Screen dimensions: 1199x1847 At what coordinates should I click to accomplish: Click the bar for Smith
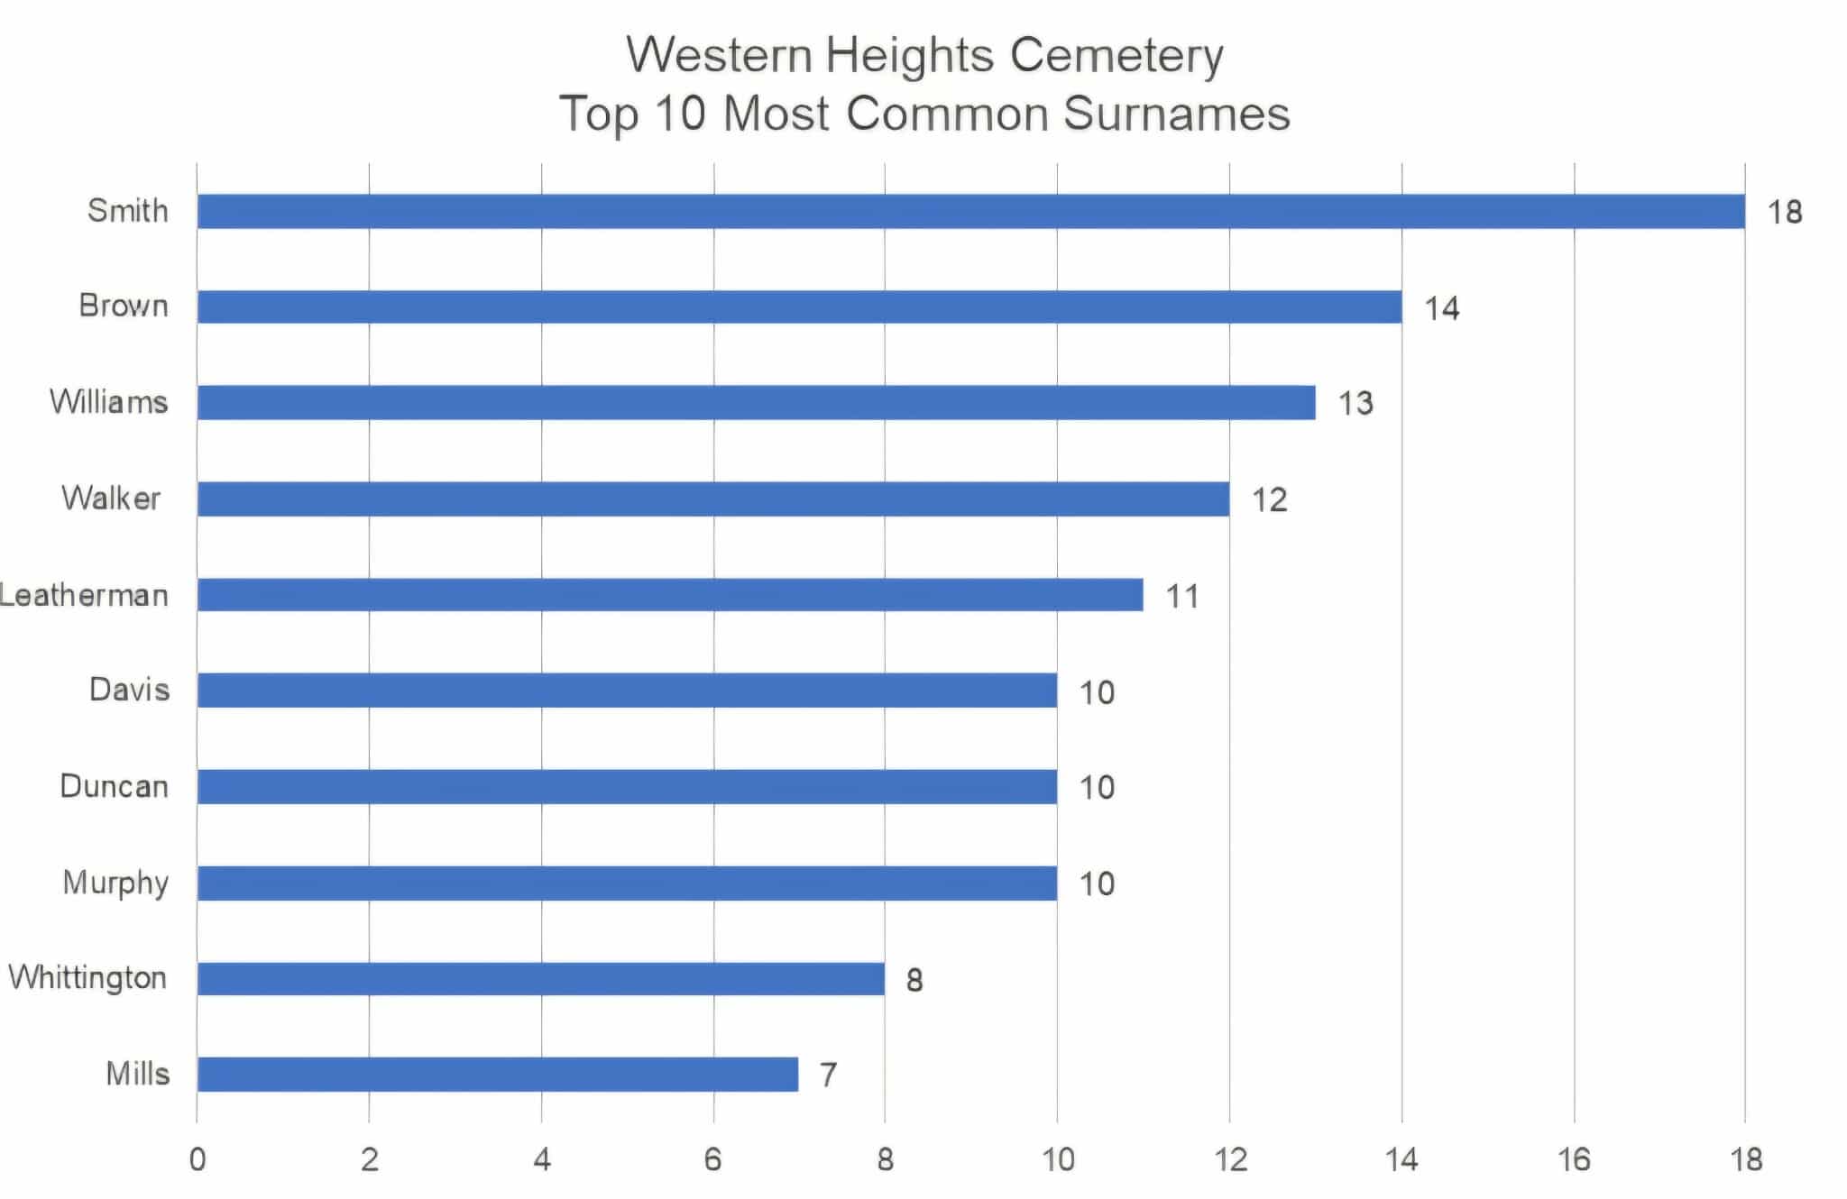970,211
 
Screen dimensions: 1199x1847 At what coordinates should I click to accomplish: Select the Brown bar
799,307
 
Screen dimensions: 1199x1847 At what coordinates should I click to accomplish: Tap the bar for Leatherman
670,595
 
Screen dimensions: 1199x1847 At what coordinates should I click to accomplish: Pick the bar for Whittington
541,978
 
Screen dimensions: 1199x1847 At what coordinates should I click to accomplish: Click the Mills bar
498,1074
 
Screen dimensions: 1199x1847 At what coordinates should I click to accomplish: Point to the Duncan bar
627,787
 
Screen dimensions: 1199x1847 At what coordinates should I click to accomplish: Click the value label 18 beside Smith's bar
1784,213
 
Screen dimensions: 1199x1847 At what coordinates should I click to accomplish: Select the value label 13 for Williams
1355,403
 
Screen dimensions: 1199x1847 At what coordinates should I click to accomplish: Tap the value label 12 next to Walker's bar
1269,499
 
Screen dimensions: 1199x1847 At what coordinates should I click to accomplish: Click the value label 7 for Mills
828,1075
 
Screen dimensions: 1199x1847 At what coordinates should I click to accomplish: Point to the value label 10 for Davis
1097,692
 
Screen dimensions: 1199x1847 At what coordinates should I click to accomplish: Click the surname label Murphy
115,883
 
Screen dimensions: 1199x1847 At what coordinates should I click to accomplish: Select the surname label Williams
109,402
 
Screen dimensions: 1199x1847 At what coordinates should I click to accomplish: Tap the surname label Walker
111,499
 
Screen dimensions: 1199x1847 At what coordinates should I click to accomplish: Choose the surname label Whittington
87,978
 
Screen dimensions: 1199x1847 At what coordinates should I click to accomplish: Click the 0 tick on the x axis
197,1159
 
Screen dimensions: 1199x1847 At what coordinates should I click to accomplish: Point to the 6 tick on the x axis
713,1159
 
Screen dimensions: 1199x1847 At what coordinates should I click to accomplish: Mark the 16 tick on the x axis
1574,1159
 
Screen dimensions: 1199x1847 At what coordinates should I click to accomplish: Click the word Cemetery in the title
1116,56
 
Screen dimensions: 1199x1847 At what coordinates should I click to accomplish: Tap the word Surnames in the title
1176,114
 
